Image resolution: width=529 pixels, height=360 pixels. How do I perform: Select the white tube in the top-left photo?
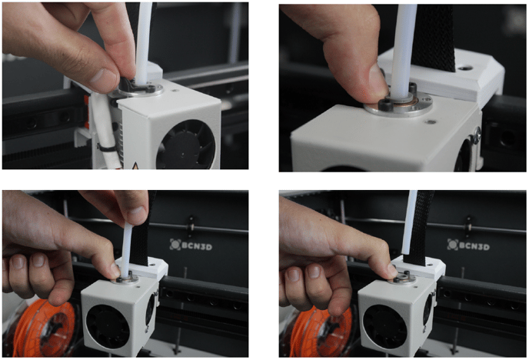[144, 38]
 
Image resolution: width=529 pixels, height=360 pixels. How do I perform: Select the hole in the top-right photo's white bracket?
[463, 67]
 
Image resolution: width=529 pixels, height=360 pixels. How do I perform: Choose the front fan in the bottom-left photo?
[106, 324]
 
